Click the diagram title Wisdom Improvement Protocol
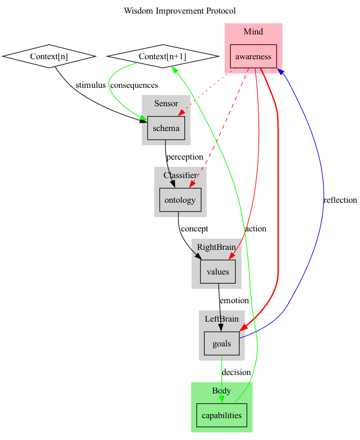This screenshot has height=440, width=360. [x=180, y=10]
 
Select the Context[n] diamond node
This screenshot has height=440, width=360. [x=49, y=57]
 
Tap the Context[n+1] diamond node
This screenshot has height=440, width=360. [x=162, y=57]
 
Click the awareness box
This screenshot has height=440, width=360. [x=253, y=57]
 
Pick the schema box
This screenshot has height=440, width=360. [x=166, y=129]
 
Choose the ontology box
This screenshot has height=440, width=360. [x=180, y=200]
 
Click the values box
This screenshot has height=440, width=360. [x=218, y=272]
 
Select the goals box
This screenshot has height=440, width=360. [x=222, y=343]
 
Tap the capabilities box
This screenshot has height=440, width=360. [x=221, y=415]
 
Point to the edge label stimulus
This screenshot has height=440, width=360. [x=90, y=85]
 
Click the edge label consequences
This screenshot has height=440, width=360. [x=134, y=85]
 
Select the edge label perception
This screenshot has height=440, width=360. [x=184, y=157]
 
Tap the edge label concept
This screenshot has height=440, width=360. [x=194, y=228]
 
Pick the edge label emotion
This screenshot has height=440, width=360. [x=234, y=300]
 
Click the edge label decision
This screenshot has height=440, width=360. [x=236, y=372]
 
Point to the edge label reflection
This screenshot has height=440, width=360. [x=340, y=200]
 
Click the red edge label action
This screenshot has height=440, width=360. [x=255, y=228]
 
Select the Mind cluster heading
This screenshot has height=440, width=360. [x=253, y=32]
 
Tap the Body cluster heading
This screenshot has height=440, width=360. [x=221, y=391]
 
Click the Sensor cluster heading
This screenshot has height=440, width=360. [x=166, y=103]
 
